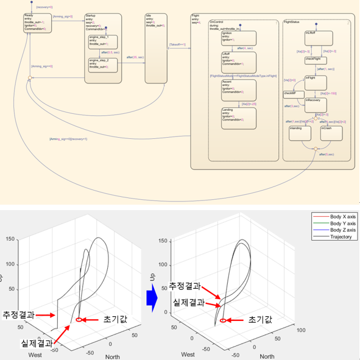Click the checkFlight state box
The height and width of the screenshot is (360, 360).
[316, 60]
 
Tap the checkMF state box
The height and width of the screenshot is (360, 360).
[289, 93]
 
